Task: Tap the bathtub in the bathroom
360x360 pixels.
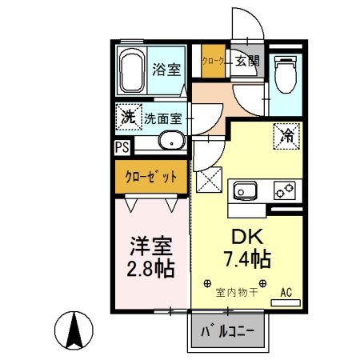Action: click(x=131, y=70)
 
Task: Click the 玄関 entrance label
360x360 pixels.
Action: click(x=247, y=60)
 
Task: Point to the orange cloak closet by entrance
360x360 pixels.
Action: click(x=213, y=60)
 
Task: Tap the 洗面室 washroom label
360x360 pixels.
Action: click(x=162, y=118)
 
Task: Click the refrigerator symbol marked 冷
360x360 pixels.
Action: click(x=286, y=135)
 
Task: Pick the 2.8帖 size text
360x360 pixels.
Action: click(x=150, y=266)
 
